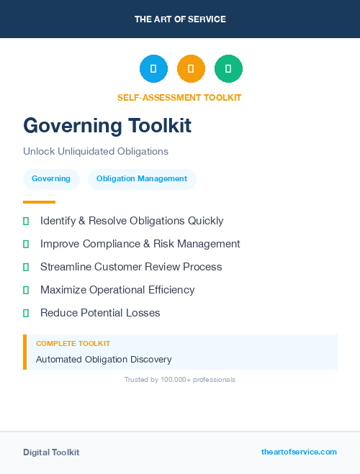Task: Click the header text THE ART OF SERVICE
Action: pos(180,19)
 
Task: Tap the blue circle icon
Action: pos(153,69)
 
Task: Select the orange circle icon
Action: pos(191,69)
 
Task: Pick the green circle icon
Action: pos(228,69)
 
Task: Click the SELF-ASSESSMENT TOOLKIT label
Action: pos(179,98)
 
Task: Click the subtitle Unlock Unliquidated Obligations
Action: pos(95,152)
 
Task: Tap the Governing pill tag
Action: pos(51,179)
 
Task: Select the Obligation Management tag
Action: pos(142,179)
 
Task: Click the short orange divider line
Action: pos(39,202)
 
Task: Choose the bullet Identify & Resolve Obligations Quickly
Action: pos(132,221)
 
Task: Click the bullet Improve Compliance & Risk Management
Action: pos(140,244)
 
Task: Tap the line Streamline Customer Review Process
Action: pos(131,267)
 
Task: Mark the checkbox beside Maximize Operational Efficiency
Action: pos(26,290)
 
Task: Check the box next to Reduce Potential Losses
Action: pos(26,313)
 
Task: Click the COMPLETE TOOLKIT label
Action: pos(73,344)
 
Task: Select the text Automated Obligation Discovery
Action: pos(104,360)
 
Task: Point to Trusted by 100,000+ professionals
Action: pos(180,379)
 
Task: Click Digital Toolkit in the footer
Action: pos(51,452)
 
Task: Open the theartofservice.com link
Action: pos(299,452)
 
